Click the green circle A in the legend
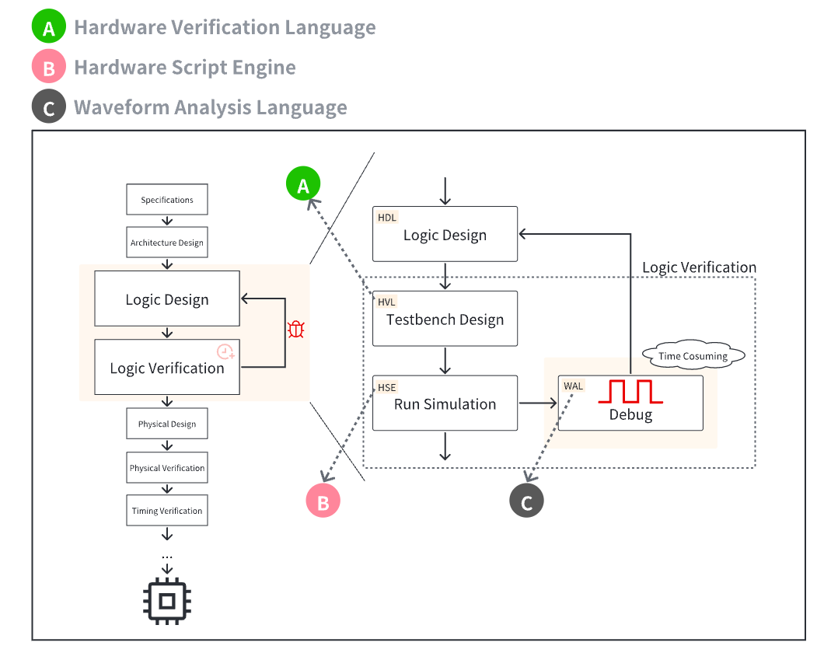(x=49, y=29)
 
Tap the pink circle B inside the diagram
(x=323, y=501)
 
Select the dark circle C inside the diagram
(x=526, y=501)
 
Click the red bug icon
(x=295, y=330)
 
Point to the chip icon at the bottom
(x=166, y=599)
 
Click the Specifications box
(x=166, y=200)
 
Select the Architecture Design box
(x=166, y=243)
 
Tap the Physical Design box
(x=166, y=424)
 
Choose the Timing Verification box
(x=166, y=511)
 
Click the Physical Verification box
(x=166, y=468)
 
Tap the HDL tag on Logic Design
(x=387, y=218)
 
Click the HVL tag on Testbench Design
(x=387, y=302)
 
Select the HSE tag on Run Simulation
(x=387, y=386)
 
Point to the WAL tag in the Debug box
(x=574, y=386)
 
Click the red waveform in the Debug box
(x=630, y=391)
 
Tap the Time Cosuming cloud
(x=693, y=356)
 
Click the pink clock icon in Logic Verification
(x=225, y=351)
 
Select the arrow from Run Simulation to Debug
(x=538, y=403)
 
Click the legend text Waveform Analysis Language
(x=211, y=107)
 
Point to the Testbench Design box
(x=445, y=319)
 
